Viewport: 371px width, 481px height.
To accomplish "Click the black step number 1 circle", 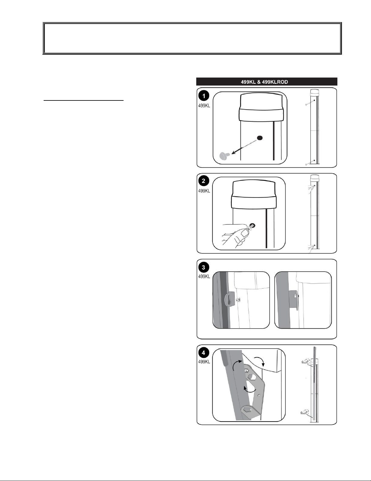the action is (x=204, y=96).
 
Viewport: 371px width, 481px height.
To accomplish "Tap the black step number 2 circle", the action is (x=204, y=181).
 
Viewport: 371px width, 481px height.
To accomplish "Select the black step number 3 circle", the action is (x=204, y=267).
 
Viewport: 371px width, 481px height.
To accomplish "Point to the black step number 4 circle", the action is (x=204, y=352).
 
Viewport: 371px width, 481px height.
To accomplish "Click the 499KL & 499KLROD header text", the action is (x=264, y=82).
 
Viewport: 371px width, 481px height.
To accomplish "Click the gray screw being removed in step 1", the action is (x=225, y=156).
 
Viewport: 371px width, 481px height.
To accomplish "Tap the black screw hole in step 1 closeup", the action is (x=260, y=138).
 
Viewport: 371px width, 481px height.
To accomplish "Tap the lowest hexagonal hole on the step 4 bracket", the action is (x=247, y=410).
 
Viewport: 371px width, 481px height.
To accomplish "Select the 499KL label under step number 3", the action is (x=204, y=276).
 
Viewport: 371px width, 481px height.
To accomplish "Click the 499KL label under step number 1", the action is (x=204, y=106).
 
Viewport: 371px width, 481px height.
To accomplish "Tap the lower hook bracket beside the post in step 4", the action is (x=305, y=412).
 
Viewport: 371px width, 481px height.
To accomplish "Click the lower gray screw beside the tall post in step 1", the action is (x=306, y=164).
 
